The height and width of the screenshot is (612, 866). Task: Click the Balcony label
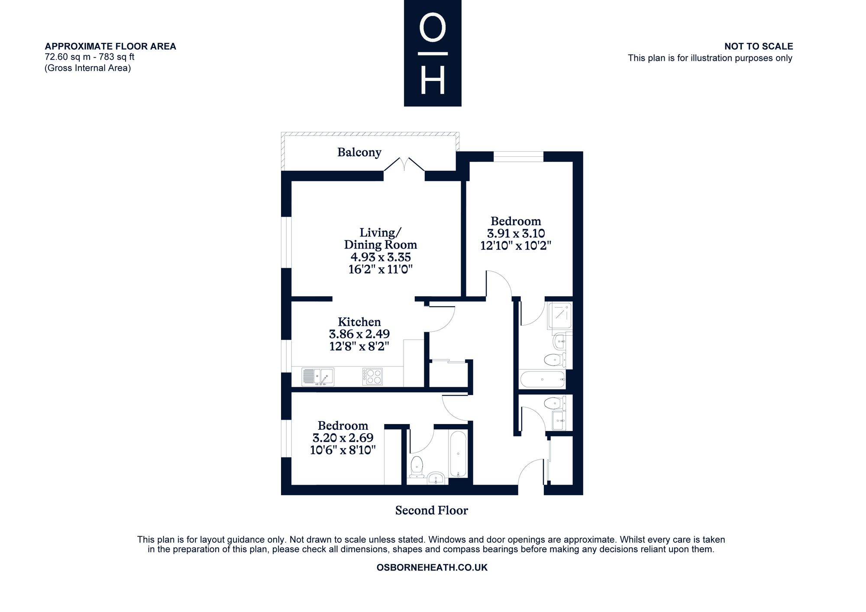tap(359, 152)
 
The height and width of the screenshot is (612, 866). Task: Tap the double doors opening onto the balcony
tap(404, 165)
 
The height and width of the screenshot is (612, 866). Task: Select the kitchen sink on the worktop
tap(318, 377)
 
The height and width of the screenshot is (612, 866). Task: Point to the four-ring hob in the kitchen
tap(372, 377)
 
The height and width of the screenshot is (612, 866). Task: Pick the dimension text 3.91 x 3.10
tap(516, 234)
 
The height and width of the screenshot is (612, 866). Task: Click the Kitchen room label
tap(359, 322)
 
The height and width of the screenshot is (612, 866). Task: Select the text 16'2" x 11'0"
tap(381, 269)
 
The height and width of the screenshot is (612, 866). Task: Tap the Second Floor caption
tap(432, 511)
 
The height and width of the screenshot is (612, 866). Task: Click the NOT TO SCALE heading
tap(759, 46)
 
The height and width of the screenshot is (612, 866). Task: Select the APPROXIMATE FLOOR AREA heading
tap(110, 46)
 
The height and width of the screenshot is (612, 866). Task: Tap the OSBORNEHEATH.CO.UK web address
tap(432, 567)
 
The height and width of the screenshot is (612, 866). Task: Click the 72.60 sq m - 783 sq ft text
tap(90, 57)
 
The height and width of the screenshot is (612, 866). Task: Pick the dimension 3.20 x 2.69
tap(343, 438)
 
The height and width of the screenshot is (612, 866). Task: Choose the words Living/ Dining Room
tap(381, 239)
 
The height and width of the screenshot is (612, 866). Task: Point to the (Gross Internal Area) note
tap(87, 68)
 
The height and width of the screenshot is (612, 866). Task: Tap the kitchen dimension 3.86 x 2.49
tap(359, 334)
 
